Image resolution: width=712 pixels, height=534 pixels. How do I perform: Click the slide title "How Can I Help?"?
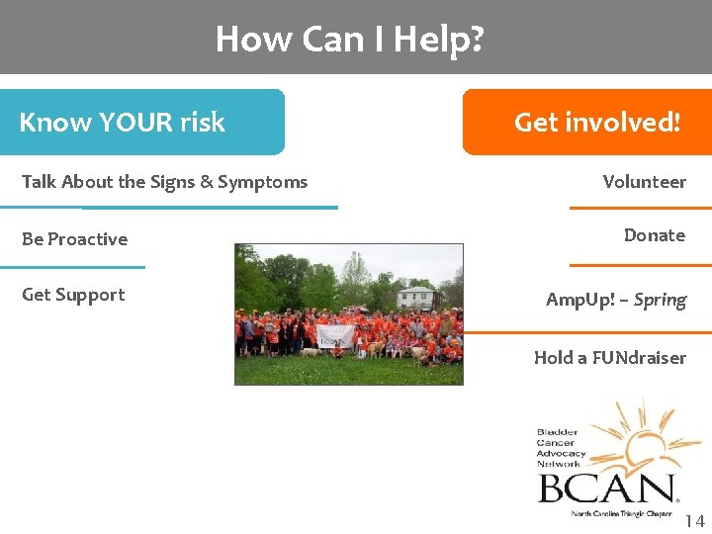349,39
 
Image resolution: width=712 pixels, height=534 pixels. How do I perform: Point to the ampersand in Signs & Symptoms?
205,182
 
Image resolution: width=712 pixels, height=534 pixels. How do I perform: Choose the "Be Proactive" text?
74,239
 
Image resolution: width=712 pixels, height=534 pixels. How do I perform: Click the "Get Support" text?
73,295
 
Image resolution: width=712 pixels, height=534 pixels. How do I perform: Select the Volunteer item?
644,182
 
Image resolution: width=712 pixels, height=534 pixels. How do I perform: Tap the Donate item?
654,235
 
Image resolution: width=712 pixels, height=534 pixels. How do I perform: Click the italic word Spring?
660,300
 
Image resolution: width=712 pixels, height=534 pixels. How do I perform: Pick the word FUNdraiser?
638,358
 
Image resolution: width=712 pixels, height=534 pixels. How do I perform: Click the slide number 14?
694,521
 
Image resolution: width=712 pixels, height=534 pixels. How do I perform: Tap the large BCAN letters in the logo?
605,489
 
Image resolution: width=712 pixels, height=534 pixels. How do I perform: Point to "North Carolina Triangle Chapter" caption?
621,514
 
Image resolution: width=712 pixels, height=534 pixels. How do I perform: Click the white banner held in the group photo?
334,336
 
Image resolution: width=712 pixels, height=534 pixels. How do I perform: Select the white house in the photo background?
415,297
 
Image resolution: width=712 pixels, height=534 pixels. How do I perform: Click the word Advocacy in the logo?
562,454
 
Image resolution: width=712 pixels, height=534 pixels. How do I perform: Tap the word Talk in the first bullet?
39,182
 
